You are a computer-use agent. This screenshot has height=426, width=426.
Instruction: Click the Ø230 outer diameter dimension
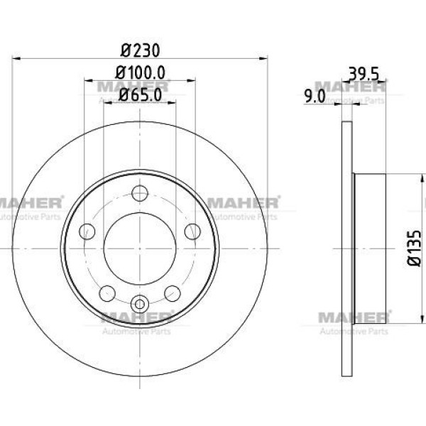point(139,51)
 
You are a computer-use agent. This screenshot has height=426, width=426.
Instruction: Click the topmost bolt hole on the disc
point(140,192)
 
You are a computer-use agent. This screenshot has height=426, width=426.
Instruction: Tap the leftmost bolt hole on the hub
point(88,231)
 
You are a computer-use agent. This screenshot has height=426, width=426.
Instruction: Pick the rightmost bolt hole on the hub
point(192,231)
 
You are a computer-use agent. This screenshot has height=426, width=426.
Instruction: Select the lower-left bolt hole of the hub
point(108,291)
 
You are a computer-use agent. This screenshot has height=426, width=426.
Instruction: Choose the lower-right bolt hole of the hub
point(172,291)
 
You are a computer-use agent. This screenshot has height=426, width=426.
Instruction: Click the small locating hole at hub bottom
point(140,303)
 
